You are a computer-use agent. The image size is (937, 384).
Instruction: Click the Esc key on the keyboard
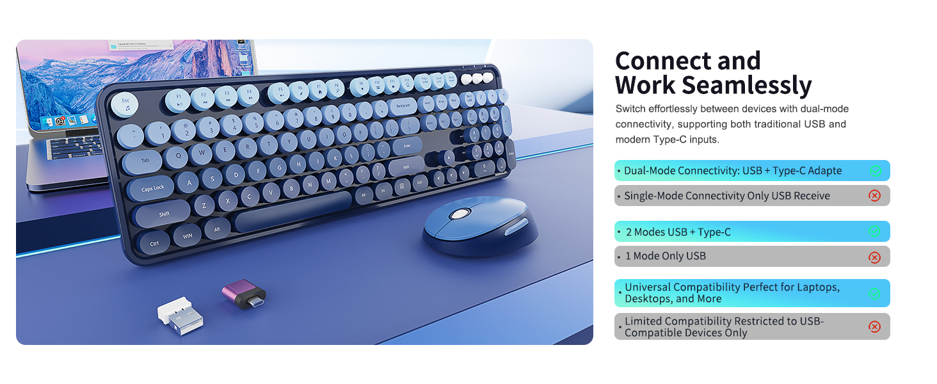pos(125,102)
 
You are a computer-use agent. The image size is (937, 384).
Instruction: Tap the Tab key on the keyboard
pos(146,160)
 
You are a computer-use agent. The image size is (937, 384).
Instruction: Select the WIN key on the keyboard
pos(188,236)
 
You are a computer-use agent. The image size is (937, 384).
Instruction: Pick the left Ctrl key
pos(154,243)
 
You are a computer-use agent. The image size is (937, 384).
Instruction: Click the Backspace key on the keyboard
pos(402,106)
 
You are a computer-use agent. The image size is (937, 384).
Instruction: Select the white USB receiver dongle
pos(180,314)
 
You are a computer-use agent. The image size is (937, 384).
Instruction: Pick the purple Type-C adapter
pos(243,293)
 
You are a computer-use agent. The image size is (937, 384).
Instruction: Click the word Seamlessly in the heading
pos(746,85)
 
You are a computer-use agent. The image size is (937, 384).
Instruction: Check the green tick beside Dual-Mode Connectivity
pos(876,171)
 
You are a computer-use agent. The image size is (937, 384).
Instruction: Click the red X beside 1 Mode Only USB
pos(874,257)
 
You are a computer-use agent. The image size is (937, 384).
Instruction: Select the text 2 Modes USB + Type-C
pos(678,232)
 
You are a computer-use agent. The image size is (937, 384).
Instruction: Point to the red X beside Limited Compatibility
pos(874,327)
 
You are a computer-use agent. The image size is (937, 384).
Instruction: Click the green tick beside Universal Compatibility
pos(875,294)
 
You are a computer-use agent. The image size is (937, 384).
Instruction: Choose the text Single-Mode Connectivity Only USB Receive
pos(727,196)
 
